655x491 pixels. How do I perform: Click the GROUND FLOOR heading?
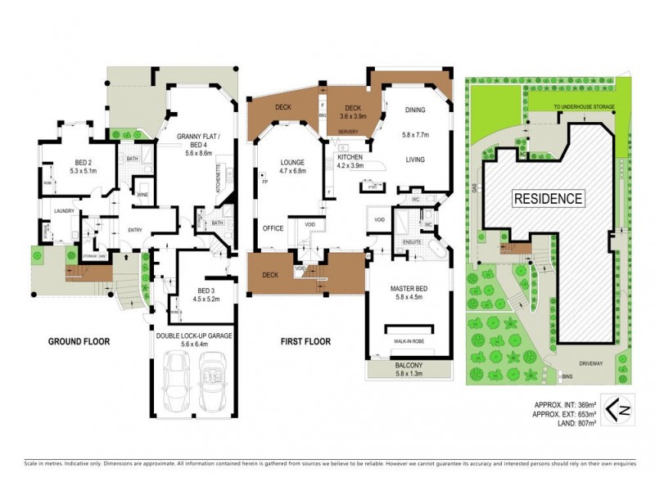79,341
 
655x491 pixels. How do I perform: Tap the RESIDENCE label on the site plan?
549,198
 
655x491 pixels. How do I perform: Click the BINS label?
567,376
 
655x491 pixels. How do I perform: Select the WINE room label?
143,194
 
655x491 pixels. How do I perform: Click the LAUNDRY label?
65,211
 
